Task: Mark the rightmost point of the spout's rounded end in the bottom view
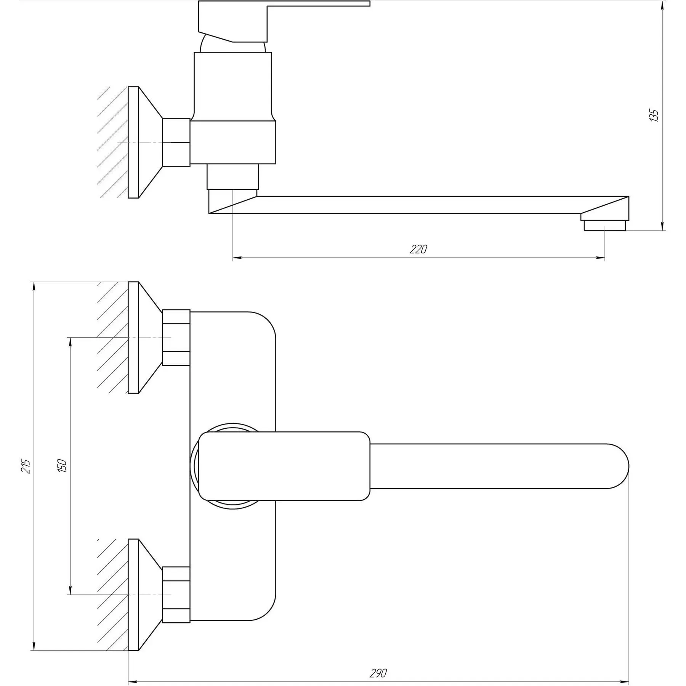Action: [x=629, y=466]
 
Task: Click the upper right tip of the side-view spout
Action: [x=628, y=197]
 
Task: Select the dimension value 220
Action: [x=418, y=249]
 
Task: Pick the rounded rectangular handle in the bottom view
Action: [x=284, y=466]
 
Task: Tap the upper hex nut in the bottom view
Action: [x=176, y=338]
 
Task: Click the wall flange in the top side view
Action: [x=145, y=143]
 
